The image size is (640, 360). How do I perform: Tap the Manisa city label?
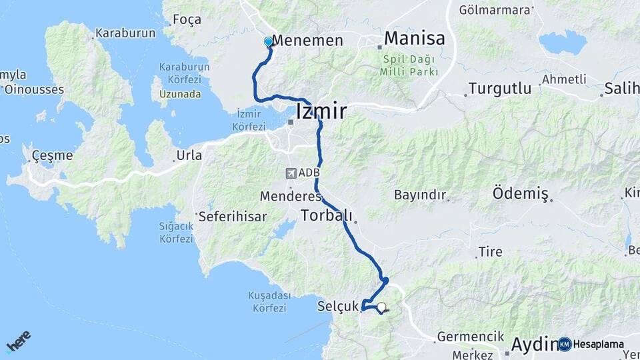(414, 38)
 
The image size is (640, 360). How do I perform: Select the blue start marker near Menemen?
(269, 42)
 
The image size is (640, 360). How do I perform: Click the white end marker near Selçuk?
(381, 307)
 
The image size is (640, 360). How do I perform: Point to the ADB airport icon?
(291, 173)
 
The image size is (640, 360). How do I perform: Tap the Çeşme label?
(52, 155)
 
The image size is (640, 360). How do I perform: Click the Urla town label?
(189, 155)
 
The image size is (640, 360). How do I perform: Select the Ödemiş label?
(520, 193)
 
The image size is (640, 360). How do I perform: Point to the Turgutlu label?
(499, 88)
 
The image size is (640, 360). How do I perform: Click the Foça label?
(187, 19)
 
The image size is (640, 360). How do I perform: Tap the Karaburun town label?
(125, 32)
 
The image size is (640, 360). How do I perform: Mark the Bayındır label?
(419, 195)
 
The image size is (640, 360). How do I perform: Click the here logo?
(18, 341)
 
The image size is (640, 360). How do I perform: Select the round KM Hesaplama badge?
(565, 344)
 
